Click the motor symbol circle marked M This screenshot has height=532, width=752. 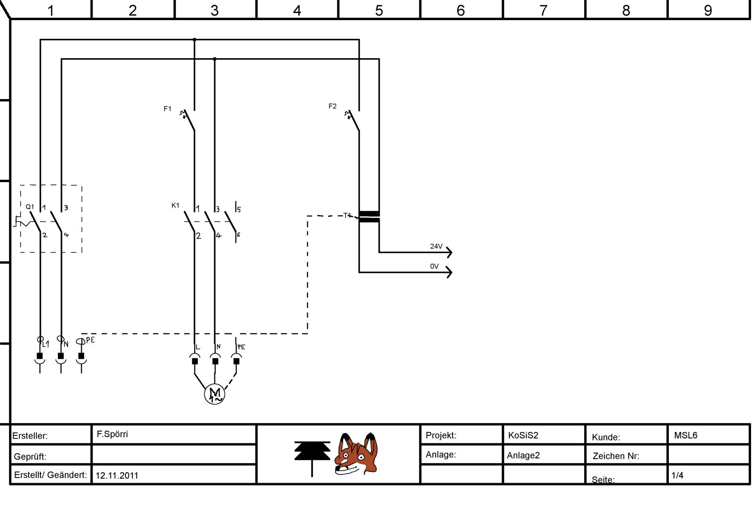coord(215,393)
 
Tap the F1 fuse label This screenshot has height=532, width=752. coord(167,109)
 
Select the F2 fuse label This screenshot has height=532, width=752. coord(332,107)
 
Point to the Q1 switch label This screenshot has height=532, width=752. coord(30,207)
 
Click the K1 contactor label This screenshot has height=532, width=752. coord(175,206)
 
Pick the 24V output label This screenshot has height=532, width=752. coord(436,246)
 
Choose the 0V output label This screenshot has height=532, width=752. coord(434,266)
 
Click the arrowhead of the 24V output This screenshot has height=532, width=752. coord(450,252)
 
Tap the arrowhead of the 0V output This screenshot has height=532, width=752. coord(450,272)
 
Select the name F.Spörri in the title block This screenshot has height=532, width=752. coord(112,434)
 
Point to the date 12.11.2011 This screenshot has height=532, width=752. coord(117,475)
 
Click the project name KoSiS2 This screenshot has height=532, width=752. coord(523,435)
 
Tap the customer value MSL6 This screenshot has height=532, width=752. coord(686,435)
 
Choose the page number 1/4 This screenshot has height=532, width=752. coord(677,475)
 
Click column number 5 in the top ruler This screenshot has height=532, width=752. coord(379,10)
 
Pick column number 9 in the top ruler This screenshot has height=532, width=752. coord(708,10)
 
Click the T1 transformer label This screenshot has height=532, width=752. coord(347,216)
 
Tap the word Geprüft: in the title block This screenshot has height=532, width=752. coord(30,456)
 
